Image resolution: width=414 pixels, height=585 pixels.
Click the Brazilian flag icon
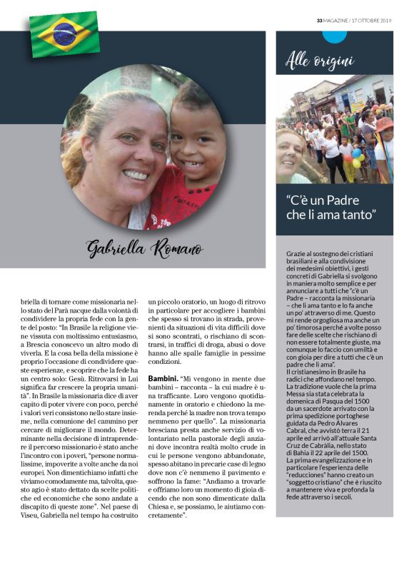(64, 33)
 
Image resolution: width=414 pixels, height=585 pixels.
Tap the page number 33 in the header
(320, 21)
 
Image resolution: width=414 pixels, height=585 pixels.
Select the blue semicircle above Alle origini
(334, 36)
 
